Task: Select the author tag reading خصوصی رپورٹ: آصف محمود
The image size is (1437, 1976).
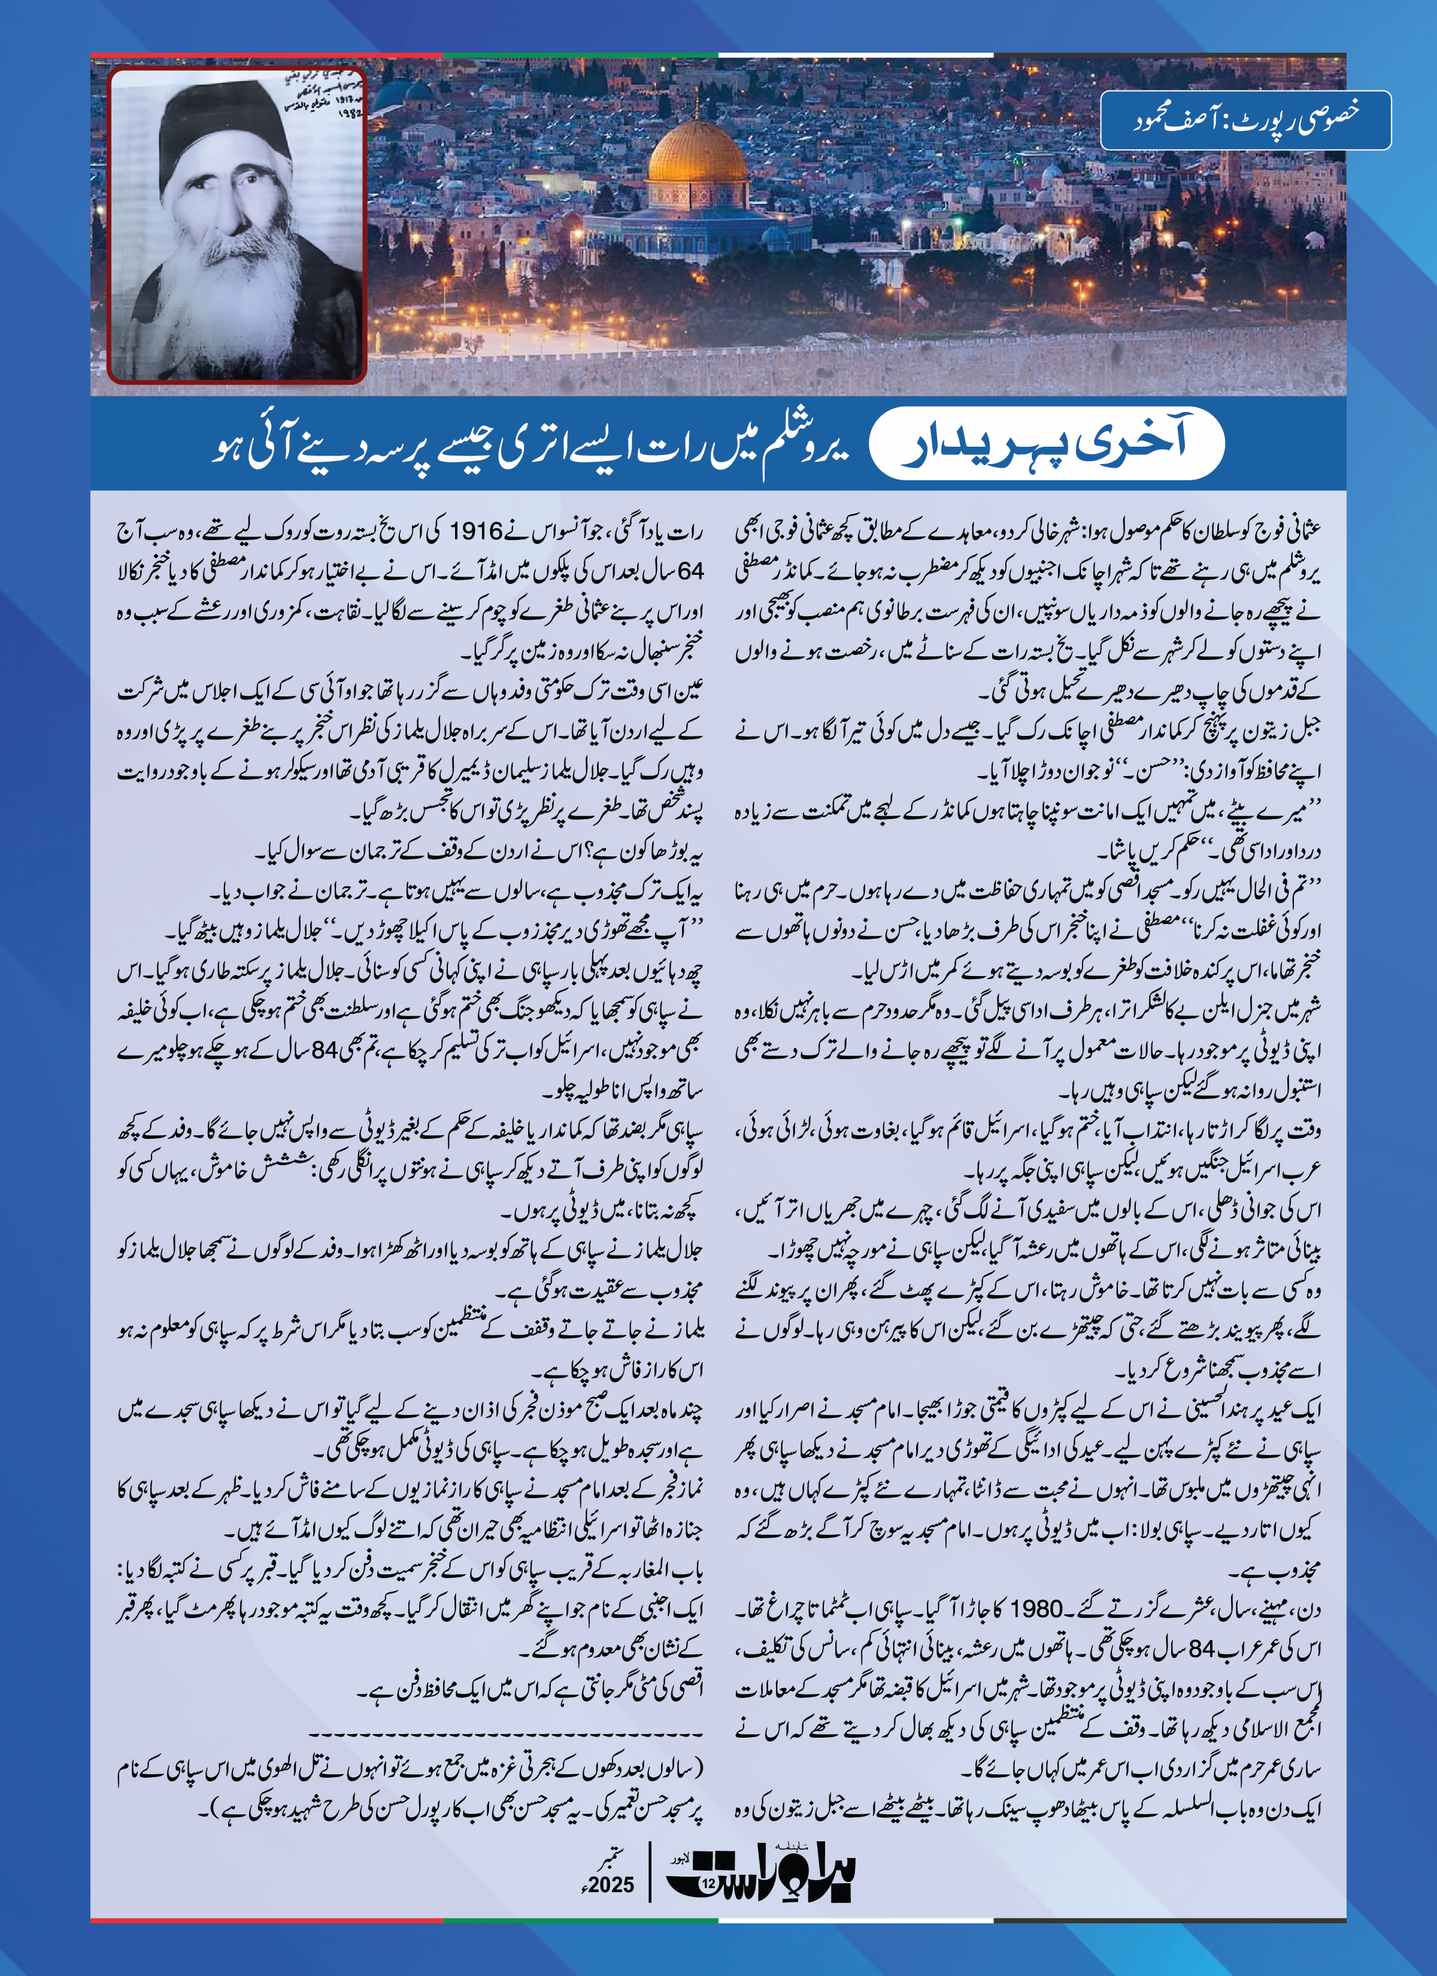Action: [x=1245, y=119]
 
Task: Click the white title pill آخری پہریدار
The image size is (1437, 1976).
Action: [x=1047, y=444]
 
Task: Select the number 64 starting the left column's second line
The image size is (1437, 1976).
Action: [x=689, y=571]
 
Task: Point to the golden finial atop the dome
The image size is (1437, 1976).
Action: [x=697, y=107]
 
